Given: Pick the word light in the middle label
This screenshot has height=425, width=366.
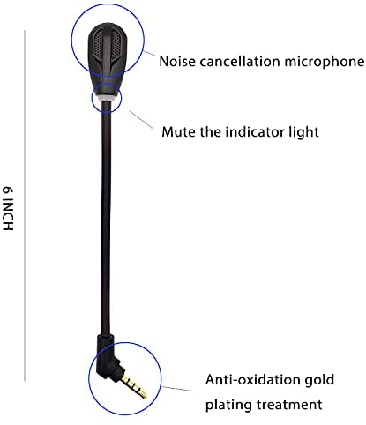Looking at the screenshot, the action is pos(303,132).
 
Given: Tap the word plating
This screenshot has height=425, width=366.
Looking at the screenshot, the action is pos(228,405).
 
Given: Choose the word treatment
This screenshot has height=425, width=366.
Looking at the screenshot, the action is pos(289,405).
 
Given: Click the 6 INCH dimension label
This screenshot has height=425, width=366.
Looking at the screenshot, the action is pos(8,208).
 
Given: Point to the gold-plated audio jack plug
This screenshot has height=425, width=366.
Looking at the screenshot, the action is pos(134,385).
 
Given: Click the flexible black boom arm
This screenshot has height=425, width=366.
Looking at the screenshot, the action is pos(106,218).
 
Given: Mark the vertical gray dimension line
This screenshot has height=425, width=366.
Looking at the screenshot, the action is pos(25,205).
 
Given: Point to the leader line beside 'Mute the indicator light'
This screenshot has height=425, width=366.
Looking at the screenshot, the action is pos(140,120).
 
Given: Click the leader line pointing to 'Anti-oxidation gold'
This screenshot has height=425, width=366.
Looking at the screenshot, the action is pos(176,389).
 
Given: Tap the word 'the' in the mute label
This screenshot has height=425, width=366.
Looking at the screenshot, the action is pos(211,131).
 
